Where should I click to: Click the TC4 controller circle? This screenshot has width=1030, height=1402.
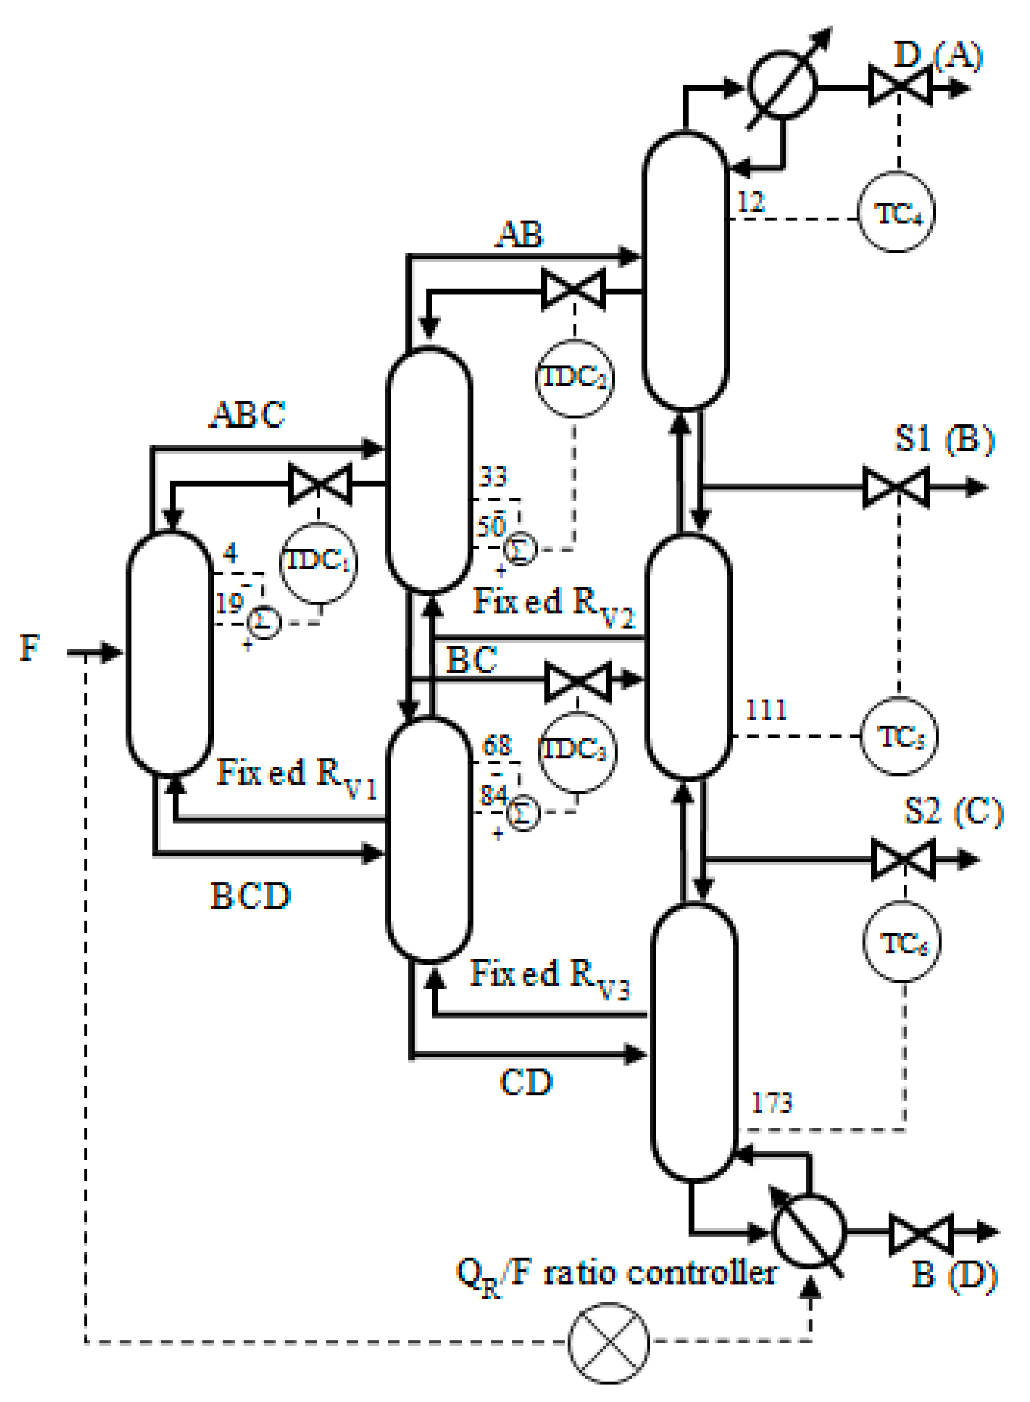click(x=897, y=214)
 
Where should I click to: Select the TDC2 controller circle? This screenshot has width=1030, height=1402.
click(x=574, y=378)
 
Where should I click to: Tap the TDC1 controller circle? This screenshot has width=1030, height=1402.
click(x=318, y=561)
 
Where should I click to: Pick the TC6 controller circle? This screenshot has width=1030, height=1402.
click(x=902, y=943)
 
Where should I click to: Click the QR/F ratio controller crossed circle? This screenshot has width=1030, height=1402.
click(x=608, y=1341)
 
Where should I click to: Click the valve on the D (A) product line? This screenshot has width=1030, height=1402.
click(x=900, y=87)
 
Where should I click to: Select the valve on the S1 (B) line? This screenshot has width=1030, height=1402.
click(x=897, y=487)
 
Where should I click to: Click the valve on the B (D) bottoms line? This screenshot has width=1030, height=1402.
click(x=921, y=1232)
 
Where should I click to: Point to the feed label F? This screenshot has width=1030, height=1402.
click(x=29, y=648)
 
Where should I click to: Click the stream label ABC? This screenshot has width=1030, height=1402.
click(x=248, y=414)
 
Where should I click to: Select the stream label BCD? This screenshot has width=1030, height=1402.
click(x=251, y=897)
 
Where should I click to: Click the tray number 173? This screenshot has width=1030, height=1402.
click(x=772, y=1102)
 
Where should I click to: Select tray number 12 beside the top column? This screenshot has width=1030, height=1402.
click(x=751, y=201)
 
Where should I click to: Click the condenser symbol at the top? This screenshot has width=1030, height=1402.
click(x=782, y=86)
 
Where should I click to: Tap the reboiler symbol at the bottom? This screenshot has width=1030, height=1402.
click(x=808, y=1231)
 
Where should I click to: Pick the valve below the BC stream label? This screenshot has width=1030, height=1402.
click(x=578, y=682)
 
